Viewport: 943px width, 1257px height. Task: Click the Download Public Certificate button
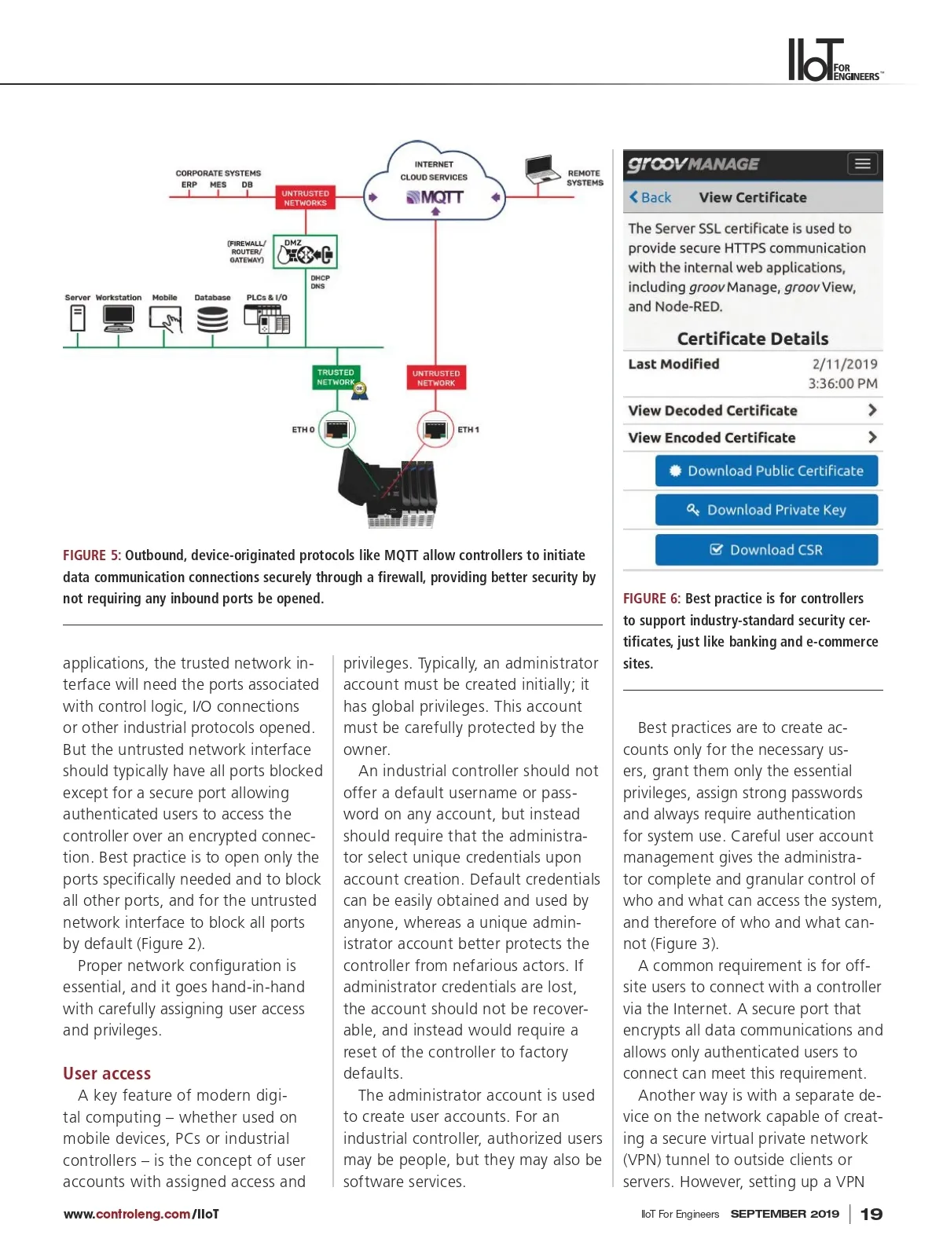(x=766, y=471)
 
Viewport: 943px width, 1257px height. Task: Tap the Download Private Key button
(x=766, y=510)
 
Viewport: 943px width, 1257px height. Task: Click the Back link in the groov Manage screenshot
(x=650, y=197)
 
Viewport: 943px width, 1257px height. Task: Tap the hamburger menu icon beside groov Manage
(x=862, y=164)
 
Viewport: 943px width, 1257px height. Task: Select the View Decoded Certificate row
(x=753, y=411)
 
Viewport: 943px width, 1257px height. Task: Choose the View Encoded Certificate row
(x=753, y=438)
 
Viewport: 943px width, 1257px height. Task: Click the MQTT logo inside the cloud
(x=435, y=197)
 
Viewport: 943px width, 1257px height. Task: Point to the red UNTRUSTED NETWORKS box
(x=305, y=198)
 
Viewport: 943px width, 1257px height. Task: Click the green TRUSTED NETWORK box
(x=336, y=377)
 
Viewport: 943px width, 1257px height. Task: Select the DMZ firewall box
(x=305, y=252)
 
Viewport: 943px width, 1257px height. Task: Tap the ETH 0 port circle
(x=336, y=429)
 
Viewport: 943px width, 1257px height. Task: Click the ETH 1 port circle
(x=435, y=429)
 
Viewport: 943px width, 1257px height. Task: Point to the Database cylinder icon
(x=212, y=320)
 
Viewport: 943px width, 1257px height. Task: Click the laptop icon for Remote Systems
(x=541, y=169)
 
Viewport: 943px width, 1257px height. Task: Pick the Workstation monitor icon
(x=119, y=318)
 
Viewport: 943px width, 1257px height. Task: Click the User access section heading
(x=107, y=1073)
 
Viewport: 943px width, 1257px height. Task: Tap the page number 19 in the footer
(x=871, y=1214)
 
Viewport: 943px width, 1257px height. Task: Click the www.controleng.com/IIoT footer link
(x=141, y=1214)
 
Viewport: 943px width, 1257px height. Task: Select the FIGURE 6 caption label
(x=651, y=599)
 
